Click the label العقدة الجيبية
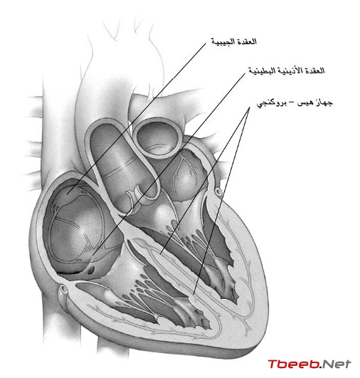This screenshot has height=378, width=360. (x=234, y=42)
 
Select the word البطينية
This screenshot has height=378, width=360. (x=262, y=71)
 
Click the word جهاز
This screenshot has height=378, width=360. (x=324, y=103)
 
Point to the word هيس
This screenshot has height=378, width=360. (x=305, y=103)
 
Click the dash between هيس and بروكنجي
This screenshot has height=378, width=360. (x=292, y=103)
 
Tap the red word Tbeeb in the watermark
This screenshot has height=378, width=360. (x=293, y=364)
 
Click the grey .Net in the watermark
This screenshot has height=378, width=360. (x=335, y=364)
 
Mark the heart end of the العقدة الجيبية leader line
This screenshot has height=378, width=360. (x=68, y=193)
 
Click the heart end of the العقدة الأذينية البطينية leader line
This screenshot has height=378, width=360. (x=93, y=255)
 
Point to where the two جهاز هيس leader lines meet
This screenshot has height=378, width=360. (x=250, y=107)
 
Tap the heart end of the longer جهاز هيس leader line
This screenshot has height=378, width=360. (x=194, y=294)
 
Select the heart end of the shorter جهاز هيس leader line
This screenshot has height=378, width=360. (x=161, y=253)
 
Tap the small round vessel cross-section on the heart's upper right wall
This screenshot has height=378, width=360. (x=218, y=192)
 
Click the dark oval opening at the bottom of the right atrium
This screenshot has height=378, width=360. (x=91, y=271)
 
